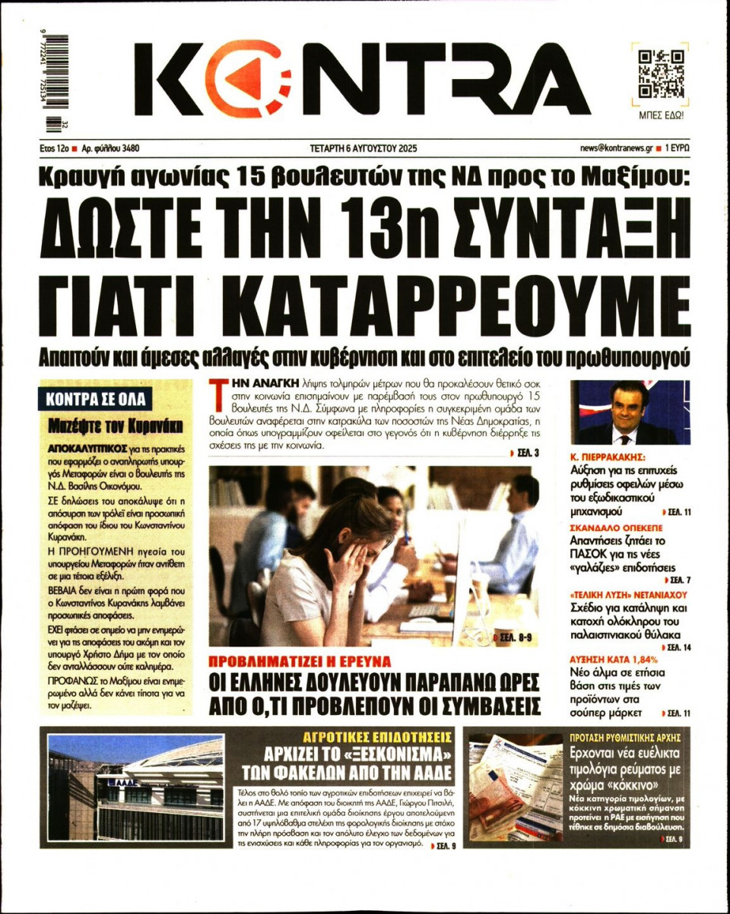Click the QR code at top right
pyautogui.click(x=660, y=75)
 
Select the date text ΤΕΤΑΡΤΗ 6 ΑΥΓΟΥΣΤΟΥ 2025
pyautogui.click(x=364, y=148)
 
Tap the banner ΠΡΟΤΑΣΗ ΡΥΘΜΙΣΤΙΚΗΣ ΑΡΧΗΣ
pyautogui.click(x=624, y=737)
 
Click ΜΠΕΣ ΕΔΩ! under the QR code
pyautogui.click(x=660, y=115)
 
